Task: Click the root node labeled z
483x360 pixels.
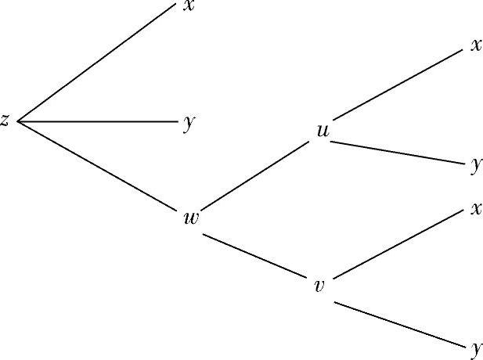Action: pos(5,121)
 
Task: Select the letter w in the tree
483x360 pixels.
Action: pos(190,218)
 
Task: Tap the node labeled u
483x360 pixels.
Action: pos(322,131)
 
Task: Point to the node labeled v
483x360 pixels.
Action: pos(319,286)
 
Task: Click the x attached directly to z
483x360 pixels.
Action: pos(189,6)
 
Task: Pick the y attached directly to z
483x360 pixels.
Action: pos(189,124)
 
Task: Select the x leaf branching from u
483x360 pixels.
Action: pos(475,45)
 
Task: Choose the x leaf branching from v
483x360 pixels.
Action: pos(475,209)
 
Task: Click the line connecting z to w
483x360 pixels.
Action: pos(98,166)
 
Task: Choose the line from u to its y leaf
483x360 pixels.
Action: pos(399,152)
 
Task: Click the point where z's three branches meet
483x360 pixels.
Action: pos(17,122)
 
